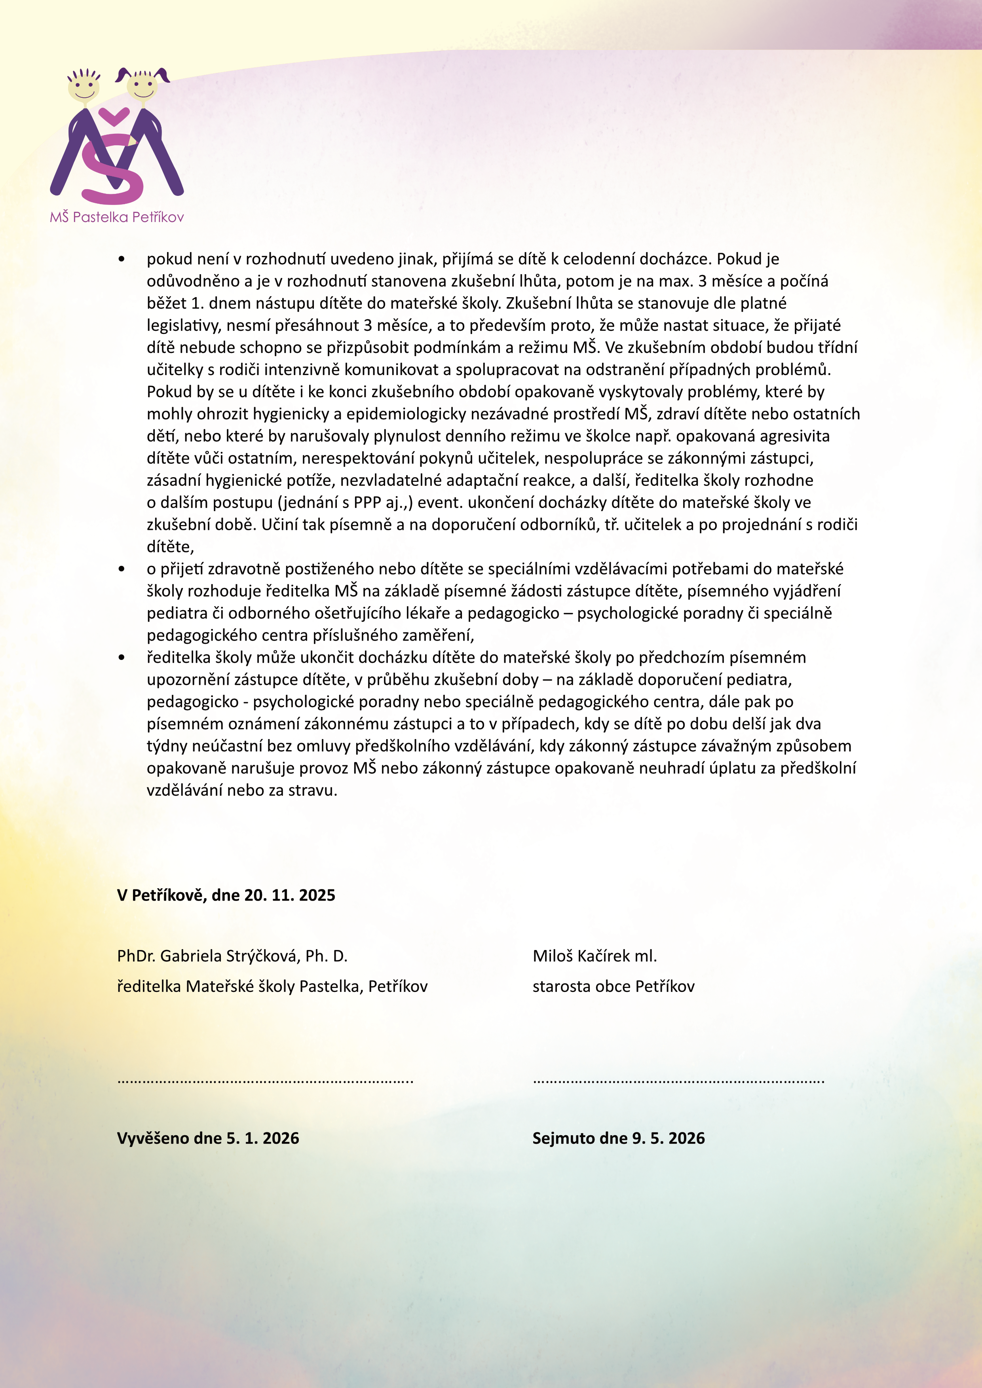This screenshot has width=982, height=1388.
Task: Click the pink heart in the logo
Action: [x=114, y=115]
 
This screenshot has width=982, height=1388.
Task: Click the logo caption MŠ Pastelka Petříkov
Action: [x=117, y=217]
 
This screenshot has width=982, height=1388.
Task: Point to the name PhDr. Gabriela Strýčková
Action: [x=232, y=956]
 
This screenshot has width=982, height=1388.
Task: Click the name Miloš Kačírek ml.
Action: [x=595, y=956]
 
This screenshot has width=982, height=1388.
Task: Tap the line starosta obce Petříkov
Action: [x=613, y=986]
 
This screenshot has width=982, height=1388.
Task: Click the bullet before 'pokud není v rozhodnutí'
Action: [x=122, y=259]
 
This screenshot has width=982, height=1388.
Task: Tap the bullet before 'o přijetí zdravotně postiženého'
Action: [x=122, y=569]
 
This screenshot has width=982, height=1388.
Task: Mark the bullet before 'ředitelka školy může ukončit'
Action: [x=122, y=658]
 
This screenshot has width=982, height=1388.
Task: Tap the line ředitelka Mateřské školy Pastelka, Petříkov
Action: [x=272, y=986]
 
